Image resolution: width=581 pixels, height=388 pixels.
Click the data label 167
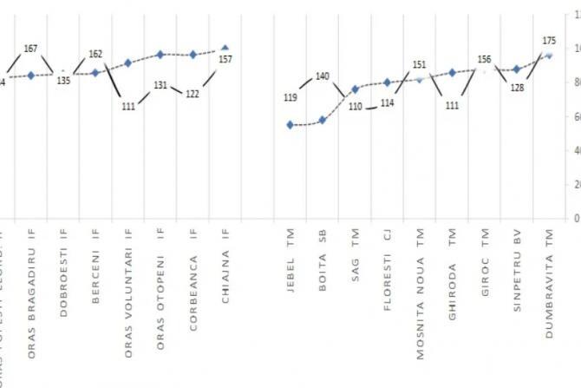[x=30, y=49]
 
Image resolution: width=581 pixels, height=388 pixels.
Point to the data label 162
[x=95, y=54]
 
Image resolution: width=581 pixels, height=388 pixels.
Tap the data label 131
[x=160, y=85]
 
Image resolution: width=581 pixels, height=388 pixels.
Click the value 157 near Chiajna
[x=225, y=59]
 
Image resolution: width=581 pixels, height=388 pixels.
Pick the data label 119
[x=290, y=98]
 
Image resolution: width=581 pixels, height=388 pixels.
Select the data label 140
[x=323, y=76]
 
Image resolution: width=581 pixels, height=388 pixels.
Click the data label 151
[x=419, y=64]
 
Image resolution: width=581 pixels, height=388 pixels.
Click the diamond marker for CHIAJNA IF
[x=225, y=49]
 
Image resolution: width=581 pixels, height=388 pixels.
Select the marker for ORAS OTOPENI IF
[x=160, y=55]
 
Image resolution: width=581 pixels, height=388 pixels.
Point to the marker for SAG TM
[x=355, y=89]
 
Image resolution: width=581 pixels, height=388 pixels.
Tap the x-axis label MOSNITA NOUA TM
[x=420, y=286]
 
